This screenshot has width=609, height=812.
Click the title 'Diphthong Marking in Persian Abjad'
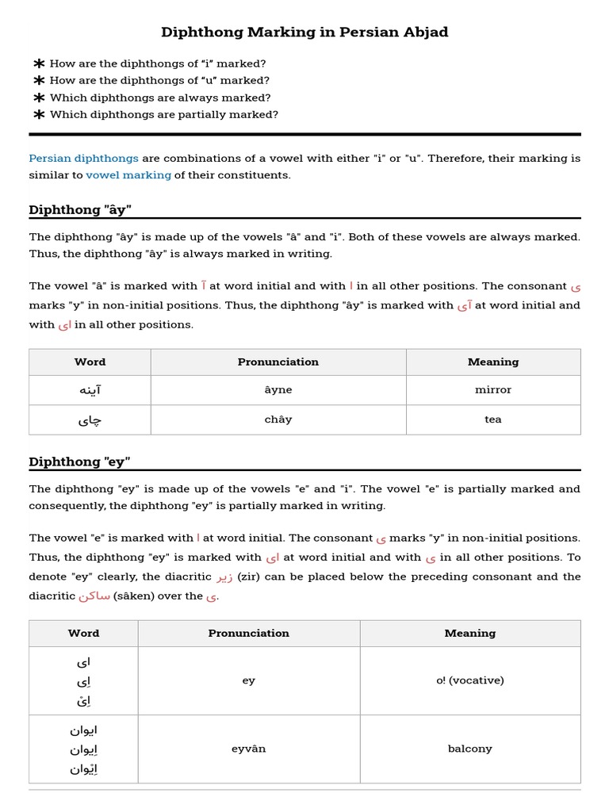(304, 33)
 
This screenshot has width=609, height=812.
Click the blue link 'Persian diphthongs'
(83, 159)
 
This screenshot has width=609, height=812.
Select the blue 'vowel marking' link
(128, 175)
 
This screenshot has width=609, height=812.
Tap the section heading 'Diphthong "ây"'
(80, 210)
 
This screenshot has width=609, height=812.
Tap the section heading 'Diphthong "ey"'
(79, 462)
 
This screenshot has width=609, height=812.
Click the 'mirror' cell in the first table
(492, 390)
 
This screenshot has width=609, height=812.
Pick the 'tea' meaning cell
(492, 419)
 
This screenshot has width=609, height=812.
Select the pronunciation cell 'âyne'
(278, 390)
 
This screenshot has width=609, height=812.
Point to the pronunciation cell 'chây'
(278, 419)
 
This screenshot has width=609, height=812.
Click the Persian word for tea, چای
(90, 420)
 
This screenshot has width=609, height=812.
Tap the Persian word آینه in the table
(90, 390)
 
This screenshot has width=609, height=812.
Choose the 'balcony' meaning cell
(469, 749)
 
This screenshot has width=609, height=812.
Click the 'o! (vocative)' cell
(469, 680)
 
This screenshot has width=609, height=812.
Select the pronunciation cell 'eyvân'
(248, 749)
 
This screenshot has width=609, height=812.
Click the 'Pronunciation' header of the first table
(278, 362)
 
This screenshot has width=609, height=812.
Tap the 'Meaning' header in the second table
(469, 634)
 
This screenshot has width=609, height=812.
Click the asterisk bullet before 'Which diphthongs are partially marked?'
(39, 115)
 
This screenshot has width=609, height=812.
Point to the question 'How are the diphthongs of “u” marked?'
(159, 81)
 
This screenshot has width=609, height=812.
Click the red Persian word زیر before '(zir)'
(224, 577)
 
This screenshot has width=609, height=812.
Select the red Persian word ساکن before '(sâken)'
(94, 596)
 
